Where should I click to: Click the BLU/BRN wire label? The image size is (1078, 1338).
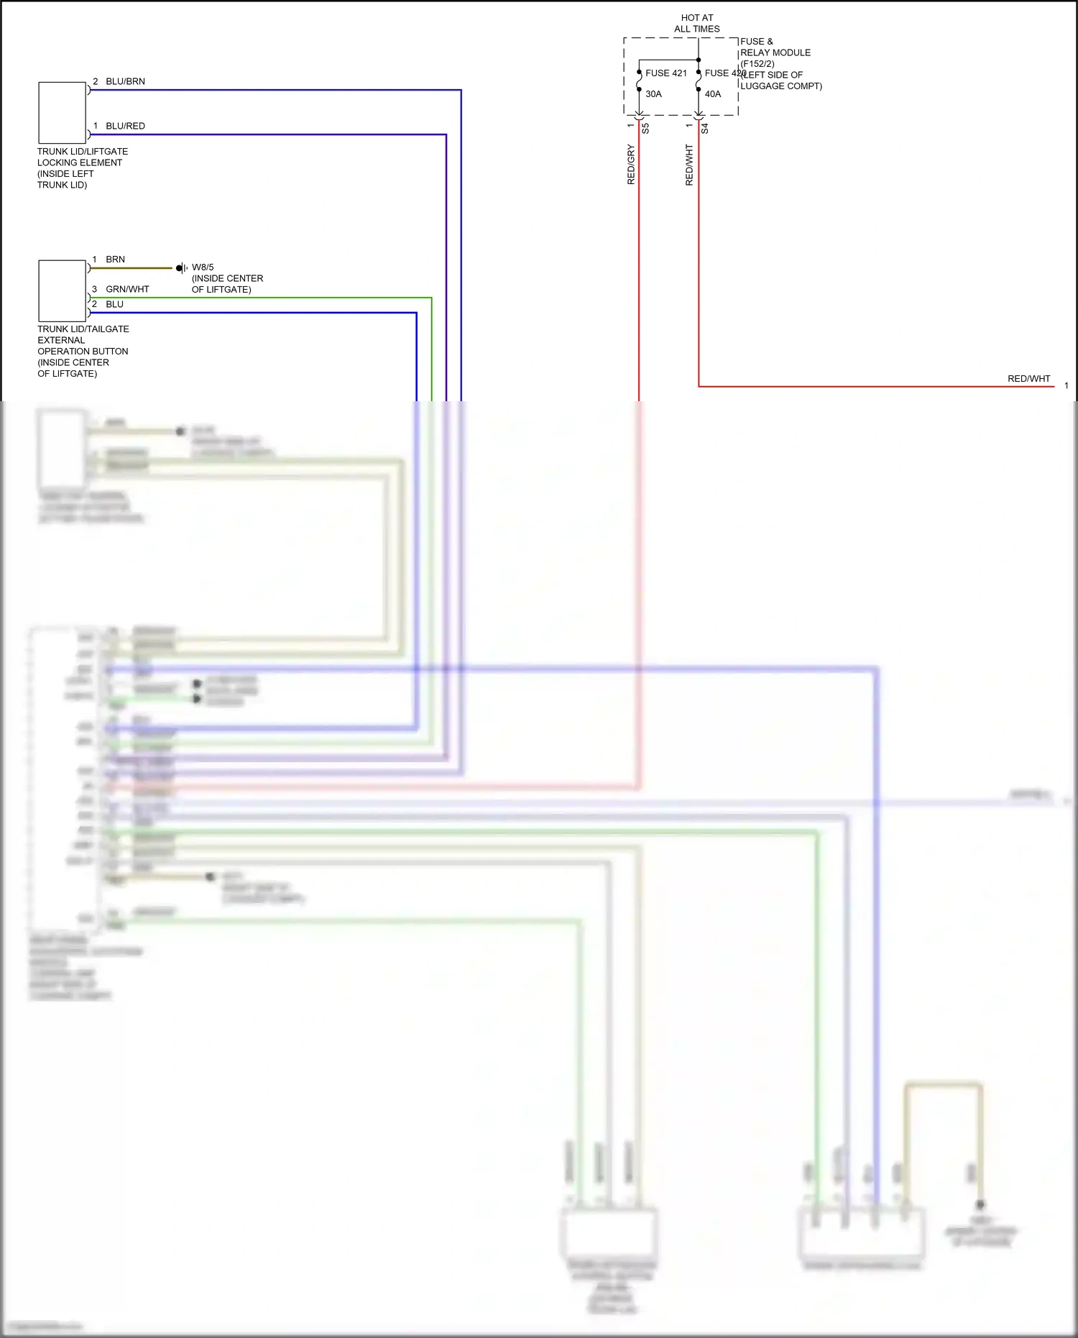[125, 81]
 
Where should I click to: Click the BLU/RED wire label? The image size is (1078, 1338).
[125, 126]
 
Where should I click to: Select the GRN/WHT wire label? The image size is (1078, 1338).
[127, 289]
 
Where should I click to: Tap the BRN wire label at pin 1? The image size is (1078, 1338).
[115, 260]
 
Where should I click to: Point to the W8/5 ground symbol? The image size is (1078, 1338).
[182, 268]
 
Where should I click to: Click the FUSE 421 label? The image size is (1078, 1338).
[665, 73]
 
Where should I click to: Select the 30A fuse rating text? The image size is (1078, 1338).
[653, 94]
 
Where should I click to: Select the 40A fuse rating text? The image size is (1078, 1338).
[712, 94]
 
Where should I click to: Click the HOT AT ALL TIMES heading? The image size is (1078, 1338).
[696, 23]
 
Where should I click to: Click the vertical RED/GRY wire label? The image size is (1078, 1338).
[631, 165]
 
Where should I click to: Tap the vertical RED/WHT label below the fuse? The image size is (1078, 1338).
[689, 165]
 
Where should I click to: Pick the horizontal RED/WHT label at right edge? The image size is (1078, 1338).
[1028, 379]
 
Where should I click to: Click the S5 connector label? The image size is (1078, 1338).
[645, 129]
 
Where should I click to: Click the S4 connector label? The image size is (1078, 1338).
[705, 129]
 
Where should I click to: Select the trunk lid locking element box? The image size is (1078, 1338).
[63, 113]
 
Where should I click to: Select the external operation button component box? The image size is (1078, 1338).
[63, 291]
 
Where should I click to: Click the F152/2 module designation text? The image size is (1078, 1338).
[757, 64]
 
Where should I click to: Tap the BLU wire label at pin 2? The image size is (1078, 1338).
[114, 304]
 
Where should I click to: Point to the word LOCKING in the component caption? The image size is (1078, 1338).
[59, 162]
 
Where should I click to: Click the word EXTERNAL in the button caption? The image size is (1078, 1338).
[61, 340]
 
